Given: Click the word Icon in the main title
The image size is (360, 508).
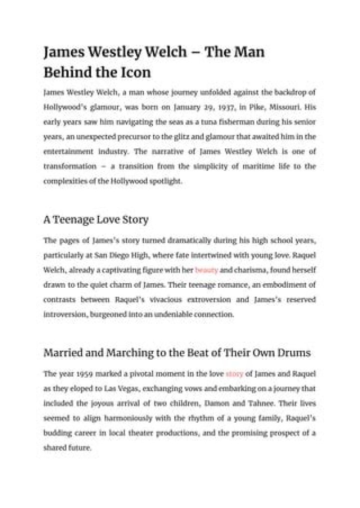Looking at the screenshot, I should coord(135,72).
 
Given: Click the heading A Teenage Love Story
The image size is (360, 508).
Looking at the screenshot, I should coord(96,220).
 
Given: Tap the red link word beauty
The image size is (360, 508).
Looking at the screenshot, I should coord(206,270).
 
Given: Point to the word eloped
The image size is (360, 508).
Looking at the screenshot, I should coord(91,388).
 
